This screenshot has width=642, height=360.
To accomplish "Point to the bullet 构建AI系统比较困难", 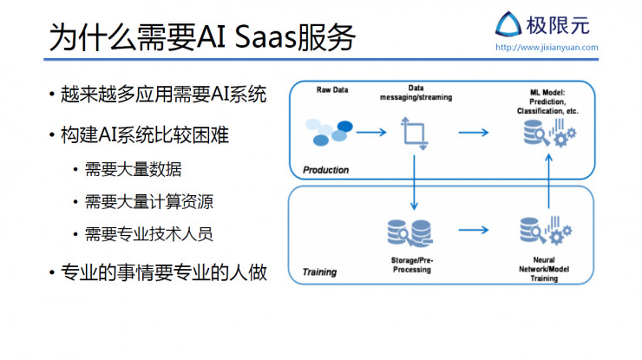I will [x=147, y=135].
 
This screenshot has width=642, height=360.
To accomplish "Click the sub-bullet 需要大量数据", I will [x=133, y=169].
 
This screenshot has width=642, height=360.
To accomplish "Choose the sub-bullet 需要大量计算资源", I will [x=148, y=202].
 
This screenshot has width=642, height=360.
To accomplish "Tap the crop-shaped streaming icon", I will [x=413, y=134].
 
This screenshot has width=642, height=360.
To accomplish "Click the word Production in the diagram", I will [x=325, y=170].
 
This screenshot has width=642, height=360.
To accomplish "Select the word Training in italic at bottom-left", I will [x=319, y=272].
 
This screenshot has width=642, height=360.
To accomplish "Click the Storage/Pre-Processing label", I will [x=411, y=265].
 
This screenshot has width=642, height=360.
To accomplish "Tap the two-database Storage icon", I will [x=410, y=232].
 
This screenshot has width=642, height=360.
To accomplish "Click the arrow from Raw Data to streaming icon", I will [x=370, y=133].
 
